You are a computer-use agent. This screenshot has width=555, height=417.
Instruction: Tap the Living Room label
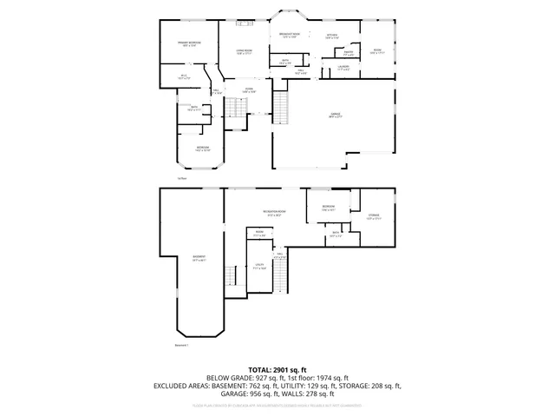pyautogui.click(x=244, y=52)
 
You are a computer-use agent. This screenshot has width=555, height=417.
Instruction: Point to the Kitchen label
pyautogui.click(x=331, y=36)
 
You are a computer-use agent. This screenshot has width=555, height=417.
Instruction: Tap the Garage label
pyautogui.click(x=335, y=116)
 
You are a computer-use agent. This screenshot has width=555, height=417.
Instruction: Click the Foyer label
pyautogui.click(x=248, y=89)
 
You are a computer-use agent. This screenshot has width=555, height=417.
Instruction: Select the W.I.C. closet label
pyautogui.click(x=184, y=77)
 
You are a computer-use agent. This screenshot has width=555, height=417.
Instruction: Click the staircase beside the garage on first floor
pyautogui.click(x=282, y=109)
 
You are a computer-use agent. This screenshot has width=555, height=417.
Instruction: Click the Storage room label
pyautogui.click(x=373, y=216)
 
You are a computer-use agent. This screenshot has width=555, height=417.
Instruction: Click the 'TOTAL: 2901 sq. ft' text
pyautogui.click(x=277, y=369)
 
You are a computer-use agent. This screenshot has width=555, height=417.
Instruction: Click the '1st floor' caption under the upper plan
pyautogui.click(x=182, y=177)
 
